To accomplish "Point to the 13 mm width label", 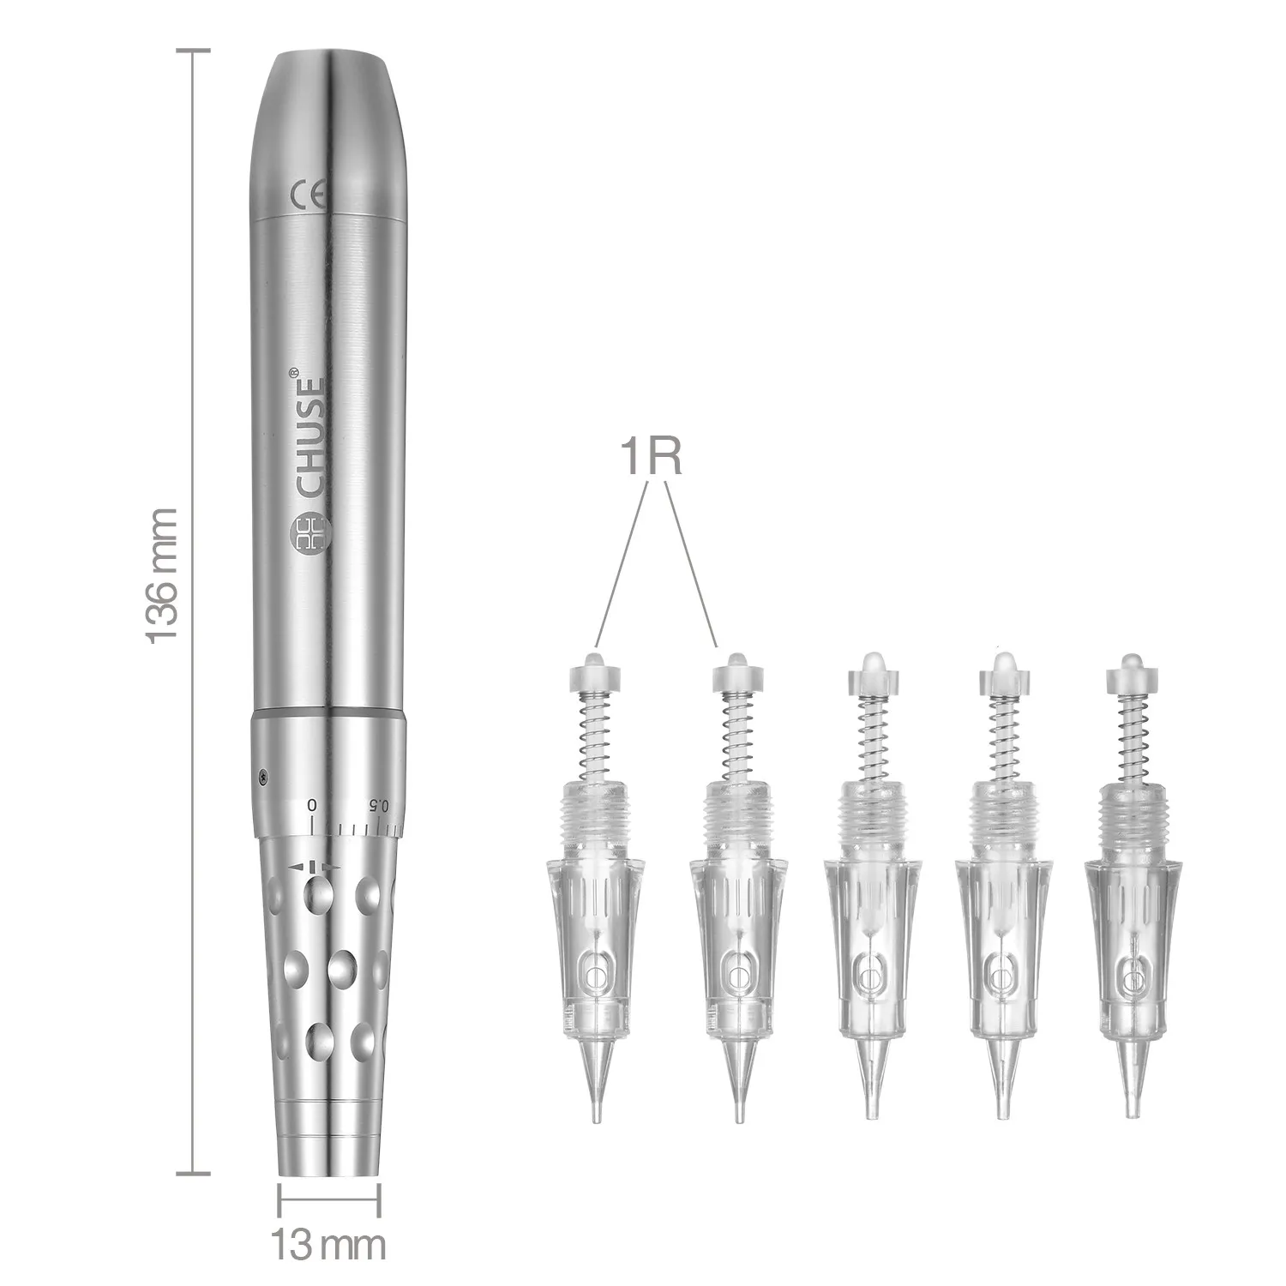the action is pyautogui.click(x=328, y=1242).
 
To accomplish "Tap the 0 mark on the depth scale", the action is pyautogui.click(x=313, y=805).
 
